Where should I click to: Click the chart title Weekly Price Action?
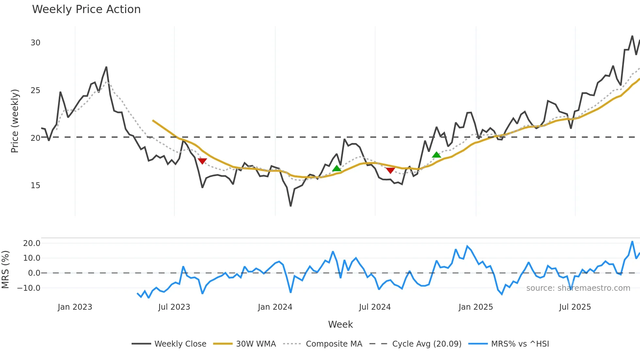click(86, 9)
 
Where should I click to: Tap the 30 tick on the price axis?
click(35, 43)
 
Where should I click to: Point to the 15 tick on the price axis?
click(35, 186)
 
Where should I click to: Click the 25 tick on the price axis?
click(35, 90)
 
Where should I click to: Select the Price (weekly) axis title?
click(15, 121)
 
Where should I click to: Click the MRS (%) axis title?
click(5, 270)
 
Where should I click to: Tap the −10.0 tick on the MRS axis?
click(29, 288)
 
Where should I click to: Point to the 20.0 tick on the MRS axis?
click(31, 243)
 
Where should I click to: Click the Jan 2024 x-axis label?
click(275, 307)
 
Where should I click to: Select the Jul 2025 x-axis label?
click(575, 307)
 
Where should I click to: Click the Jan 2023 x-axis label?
click(75, 307)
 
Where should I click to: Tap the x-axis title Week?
click(340, 324)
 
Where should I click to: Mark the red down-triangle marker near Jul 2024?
click(390, 170)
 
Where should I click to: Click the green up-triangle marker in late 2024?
click(436, 155)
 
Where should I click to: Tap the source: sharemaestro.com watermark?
click(578, 288)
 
